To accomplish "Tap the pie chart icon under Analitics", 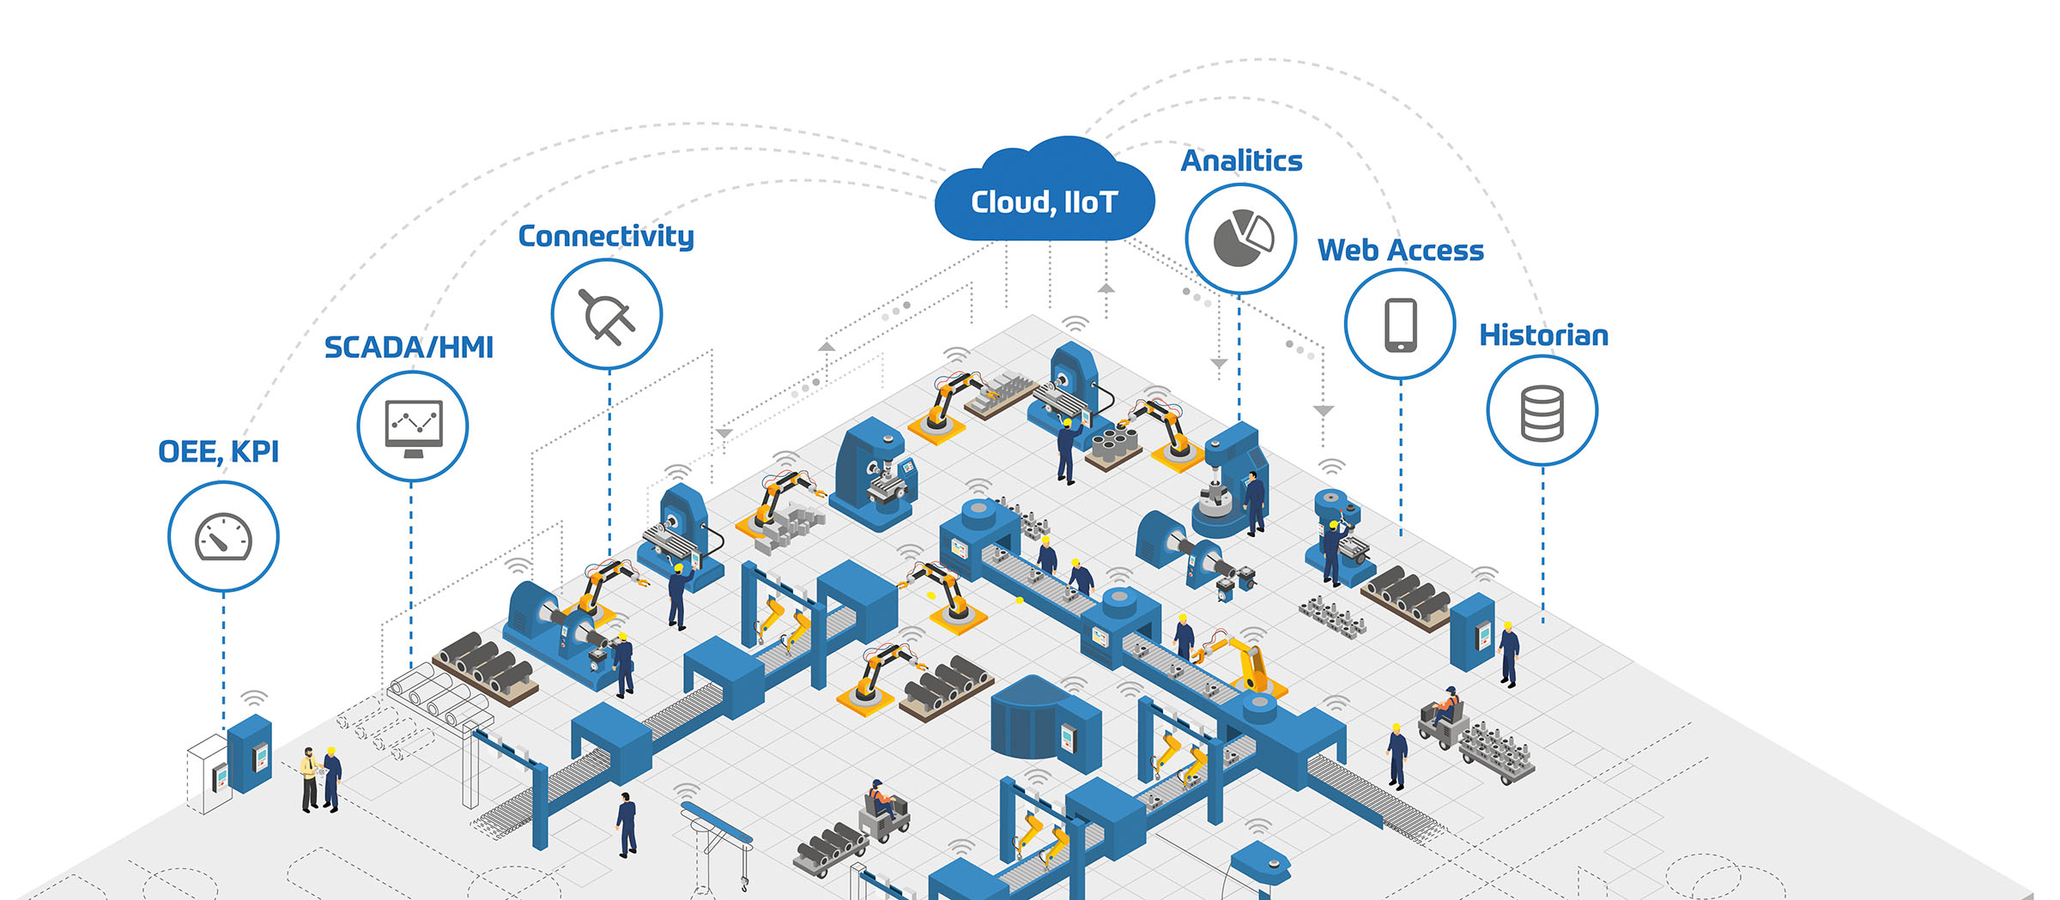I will click(x=1241, y=238).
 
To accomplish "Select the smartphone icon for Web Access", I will click(x=1400, y=324).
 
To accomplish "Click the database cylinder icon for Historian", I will click(x=1542, y=413).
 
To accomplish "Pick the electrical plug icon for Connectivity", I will click(x=606, y=316).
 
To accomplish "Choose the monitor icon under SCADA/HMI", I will click(x=414, y=427).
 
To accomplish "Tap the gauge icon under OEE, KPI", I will click(x=223, y=537).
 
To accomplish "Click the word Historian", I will click(x=1543, y=335).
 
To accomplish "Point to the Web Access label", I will click(x=1400, y=251).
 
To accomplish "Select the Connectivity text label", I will click(x=606, y=236).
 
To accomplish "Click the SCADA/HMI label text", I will click(x=409, y=347).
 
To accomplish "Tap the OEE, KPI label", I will click(x=219, y=451).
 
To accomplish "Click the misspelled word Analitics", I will click(x=1241, y=160).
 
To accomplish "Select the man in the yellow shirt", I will click(x=308, y=776).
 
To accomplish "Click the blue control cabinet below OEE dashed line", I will click(x=251, y=753).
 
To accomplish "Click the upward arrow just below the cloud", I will click(x=1106, y=289).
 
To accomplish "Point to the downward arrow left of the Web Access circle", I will click(x=1324, y=411).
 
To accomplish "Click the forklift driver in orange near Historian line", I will click(x=1447, y=705).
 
